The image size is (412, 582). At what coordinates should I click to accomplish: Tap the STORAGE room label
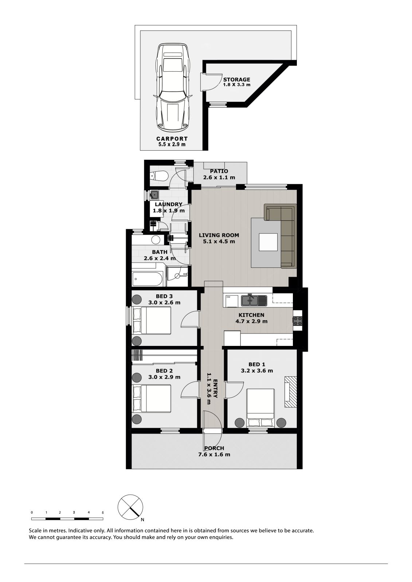click(x=236, y=80)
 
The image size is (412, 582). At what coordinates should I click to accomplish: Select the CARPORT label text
click(x=172, y=139)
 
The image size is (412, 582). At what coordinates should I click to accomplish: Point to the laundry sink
click(x=154, y=195)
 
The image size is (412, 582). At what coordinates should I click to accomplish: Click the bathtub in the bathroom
click(x=148, y=279)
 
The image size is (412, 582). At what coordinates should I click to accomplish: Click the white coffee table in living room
click(x=268, y=242)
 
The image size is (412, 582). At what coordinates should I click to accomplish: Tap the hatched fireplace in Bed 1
click(x=290, y=391)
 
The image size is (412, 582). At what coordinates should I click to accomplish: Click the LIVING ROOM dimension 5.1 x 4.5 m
click(x=219, y=242)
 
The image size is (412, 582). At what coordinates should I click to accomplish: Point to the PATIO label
click(x=219, y=171)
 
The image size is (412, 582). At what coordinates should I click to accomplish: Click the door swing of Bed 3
click(x=189, y=319)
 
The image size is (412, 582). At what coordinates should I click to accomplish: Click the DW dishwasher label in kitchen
click(x=228, y=297)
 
